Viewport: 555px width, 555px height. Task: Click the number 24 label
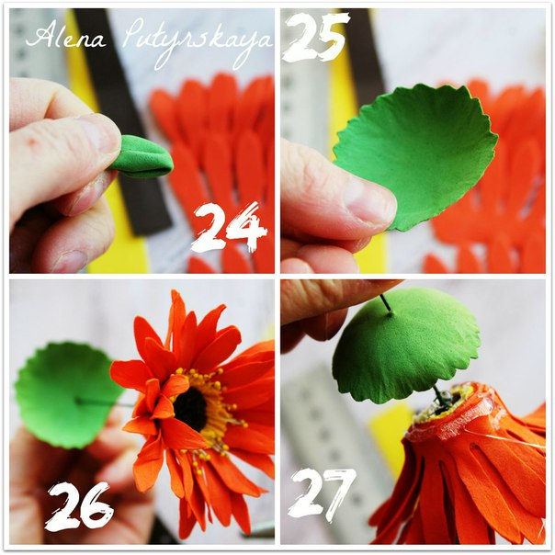point(230,228)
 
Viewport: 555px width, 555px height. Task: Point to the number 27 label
point(322,495)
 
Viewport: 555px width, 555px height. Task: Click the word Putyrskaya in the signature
point(198,42)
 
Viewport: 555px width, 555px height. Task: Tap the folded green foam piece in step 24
point(144,156)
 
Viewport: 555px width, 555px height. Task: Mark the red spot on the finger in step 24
point(32,142)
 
